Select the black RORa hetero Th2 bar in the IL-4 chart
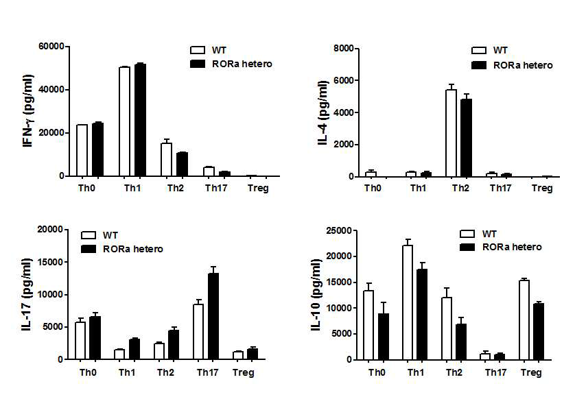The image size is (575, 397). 467,138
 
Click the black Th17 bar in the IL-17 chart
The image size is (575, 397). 214,316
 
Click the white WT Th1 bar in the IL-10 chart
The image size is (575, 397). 408,302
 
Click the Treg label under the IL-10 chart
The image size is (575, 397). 531,374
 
